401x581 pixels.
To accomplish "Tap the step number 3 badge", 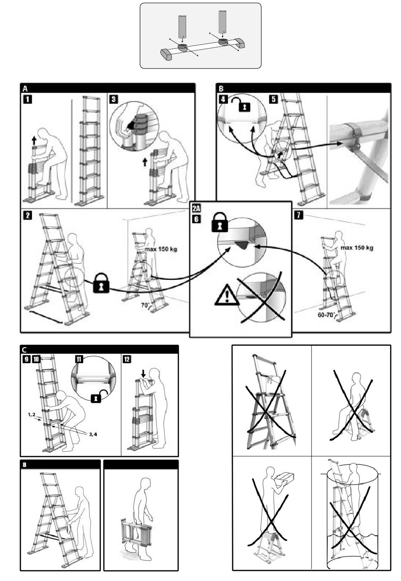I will [x=114, y=99].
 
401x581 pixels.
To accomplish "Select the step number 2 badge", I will [x=27, y=215].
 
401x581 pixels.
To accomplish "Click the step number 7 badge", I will [x=298, y=215].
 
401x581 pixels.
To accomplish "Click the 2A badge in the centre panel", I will [x=196, y=208].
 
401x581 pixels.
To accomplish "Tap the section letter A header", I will [x=25, y=88].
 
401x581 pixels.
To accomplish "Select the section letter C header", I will [x=24, y=350].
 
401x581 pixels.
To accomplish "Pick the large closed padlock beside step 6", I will [x=219, y=223].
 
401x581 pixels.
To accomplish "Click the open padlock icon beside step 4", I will [x=242, y=104].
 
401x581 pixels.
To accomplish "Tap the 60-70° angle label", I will [x=327, y=315].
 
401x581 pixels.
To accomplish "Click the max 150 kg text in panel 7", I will [x=357, y=248].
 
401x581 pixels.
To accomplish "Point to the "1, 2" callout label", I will [x=32, y=415].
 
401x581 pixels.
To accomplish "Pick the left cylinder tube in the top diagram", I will [x=182, y=27].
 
